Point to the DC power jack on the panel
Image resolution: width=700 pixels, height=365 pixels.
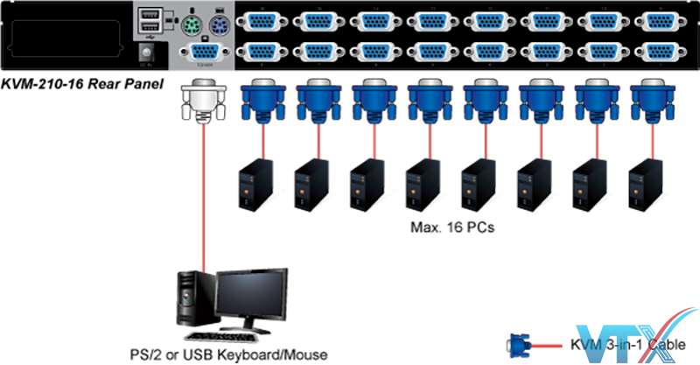146,54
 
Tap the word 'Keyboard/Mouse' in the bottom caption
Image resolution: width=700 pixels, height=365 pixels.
283,354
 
